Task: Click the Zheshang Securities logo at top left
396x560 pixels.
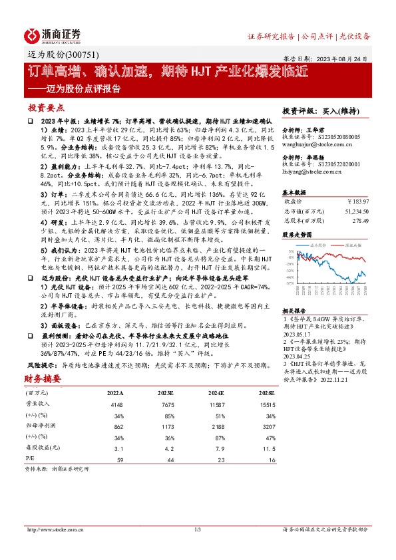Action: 53,34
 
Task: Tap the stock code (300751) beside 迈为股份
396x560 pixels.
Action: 73,57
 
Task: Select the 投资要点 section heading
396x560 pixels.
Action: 46,107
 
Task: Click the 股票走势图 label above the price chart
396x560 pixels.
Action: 296,235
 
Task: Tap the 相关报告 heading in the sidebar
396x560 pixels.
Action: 294,311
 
